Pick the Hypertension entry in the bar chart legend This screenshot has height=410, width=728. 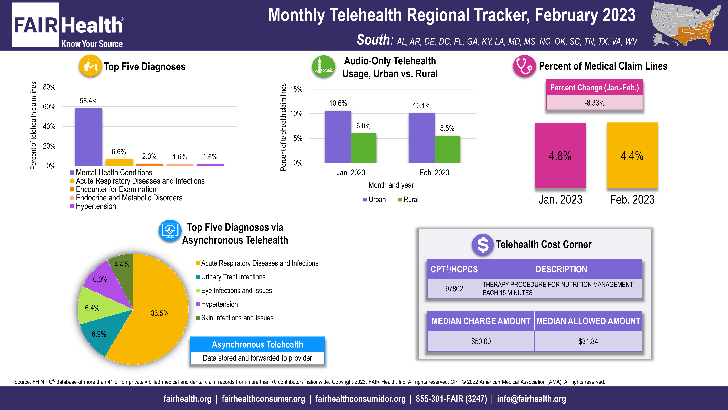(96, 206)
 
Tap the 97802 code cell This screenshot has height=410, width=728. (454, 289)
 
